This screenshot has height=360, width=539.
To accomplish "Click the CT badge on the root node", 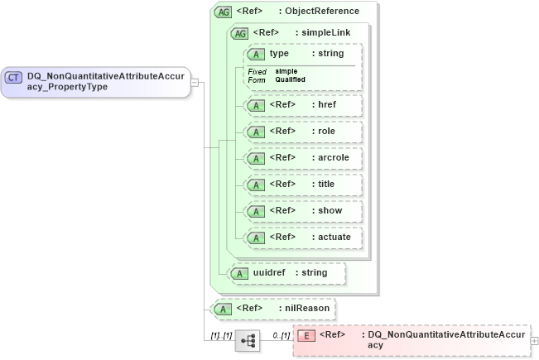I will pyautogui.click(x=14, y=77).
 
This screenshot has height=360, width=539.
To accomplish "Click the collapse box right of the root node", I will pyautogui.click(x=195, y=82).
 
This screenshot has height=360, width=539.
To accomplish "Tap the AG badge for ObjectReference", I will pyautogui.click(x=223, y=12).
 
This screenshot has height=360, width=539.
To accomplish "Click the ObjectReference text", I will pyautogui.click(x=323, y=12).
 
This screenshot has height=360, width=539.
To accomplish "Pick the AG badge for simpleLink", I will pyautogui.click(x=239, y=33).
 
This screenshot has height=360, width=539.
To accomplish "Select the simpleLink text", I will pyautogui.click(x=327, y=33).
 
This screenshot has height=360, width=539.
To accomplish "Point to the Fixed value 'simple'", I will pyautogui.click(x=286, y=71).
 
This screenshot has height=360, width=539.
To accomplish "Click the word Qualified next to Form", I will pyautogui.click(x=290, y=79).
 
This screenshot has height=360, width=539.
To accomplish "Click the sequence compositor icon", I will pyautogui.click(x=247, y=340).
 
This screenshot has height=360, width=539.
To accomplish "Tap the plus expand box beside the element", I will pyautogui.click(x=534, y=340).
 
